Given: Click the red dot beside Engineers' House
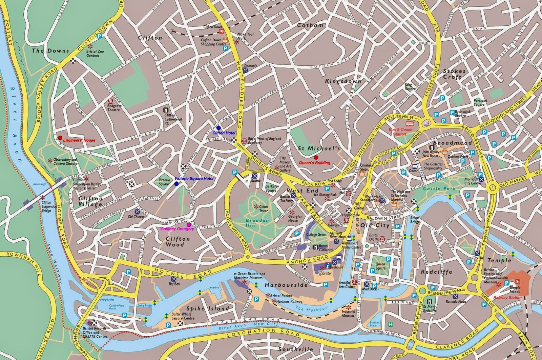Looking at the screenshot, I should [60, 138].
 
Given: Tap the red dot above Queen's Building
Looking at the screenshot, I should [316, 157].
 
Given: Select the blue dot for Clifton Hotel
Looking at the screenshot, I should [218, 128].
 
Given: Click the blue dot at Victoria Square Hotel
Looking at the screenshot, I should [176, 184].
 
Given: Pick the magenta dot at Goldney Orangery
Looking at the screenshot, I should [188, 224].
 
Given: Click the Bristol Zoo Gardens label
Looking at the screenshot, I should [95, 54].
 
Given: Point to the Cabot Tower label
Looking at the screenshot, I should [264, 208].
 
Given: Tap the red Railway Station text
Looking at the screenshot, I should [507, 298].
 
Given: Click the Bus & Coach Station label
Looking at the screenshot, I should [400, 132].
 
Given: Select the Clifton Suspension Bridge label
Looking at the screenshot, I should [49, 206].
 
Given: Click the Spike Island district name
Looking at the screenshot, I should [208, 308].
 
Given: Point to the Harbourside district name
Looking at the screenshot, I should [286, 285].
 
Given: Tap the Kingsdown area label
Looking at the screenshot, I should [343, 81].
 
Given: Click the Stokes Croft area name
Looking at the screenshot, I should [454, 74].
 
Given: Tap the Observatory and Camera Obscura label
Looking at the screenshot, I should [65, 161].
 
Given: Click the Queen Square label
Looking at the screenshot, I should [380, 266].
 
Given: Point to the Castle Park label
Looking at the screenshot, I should [439, 188].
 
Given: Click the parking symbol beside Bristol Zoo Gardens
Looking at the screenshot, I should [100, 36].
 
